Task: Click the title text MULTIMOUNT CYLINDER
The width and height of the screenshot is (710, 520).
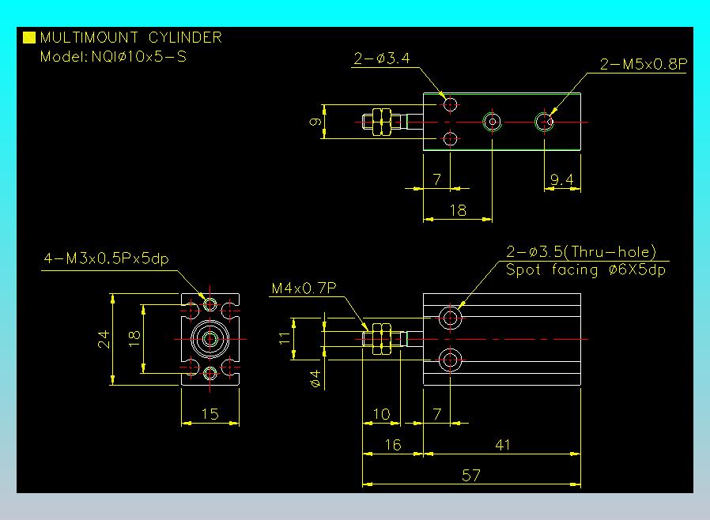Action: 131,37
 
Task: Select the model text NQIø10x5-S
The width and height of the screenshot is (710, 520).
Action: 139,57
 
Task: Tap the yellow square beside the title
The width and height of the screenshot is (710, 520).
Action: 29,37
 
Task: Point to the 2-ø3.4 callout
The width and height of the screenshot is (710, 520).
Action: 382,58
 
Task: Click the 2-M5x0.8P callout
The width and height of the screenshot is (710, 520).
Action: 644,64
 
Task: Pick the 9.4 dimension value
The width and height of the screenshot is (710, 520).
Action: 562,179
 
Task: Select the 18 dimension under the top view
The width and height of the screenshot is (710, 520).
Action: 458,210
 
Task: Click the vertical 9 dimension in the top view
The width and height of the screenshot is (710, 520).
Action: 315,121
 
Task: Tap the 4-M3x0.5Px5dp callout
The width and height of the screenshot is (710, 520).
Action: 107,258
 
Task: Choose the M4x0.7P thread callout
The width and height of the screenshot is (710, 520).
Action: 304,288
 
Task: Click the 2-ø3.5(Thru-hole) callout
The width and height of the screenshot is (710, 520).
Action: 581,251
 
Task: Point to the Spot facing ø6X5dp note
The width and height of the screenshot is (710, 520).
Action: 586,269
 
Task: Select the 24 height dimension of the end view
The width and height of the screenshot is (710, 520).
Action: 104,340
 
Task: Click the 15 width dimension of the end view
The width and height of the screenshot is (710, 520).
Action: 210,414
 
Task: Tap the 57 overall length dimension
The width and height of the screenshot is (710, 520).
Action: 471,475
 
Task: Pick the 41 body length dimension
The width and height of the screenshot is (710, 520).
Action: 503,445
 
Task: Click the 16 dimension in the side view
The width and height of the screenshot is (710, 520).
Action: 393,445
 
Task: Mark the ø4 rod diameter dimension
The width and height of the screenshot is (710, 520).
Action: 315,379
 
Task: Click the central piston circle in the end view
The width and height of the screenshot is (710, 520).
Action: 210,338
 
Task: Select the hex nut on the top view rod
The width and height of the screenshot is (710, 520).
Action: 382,122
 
